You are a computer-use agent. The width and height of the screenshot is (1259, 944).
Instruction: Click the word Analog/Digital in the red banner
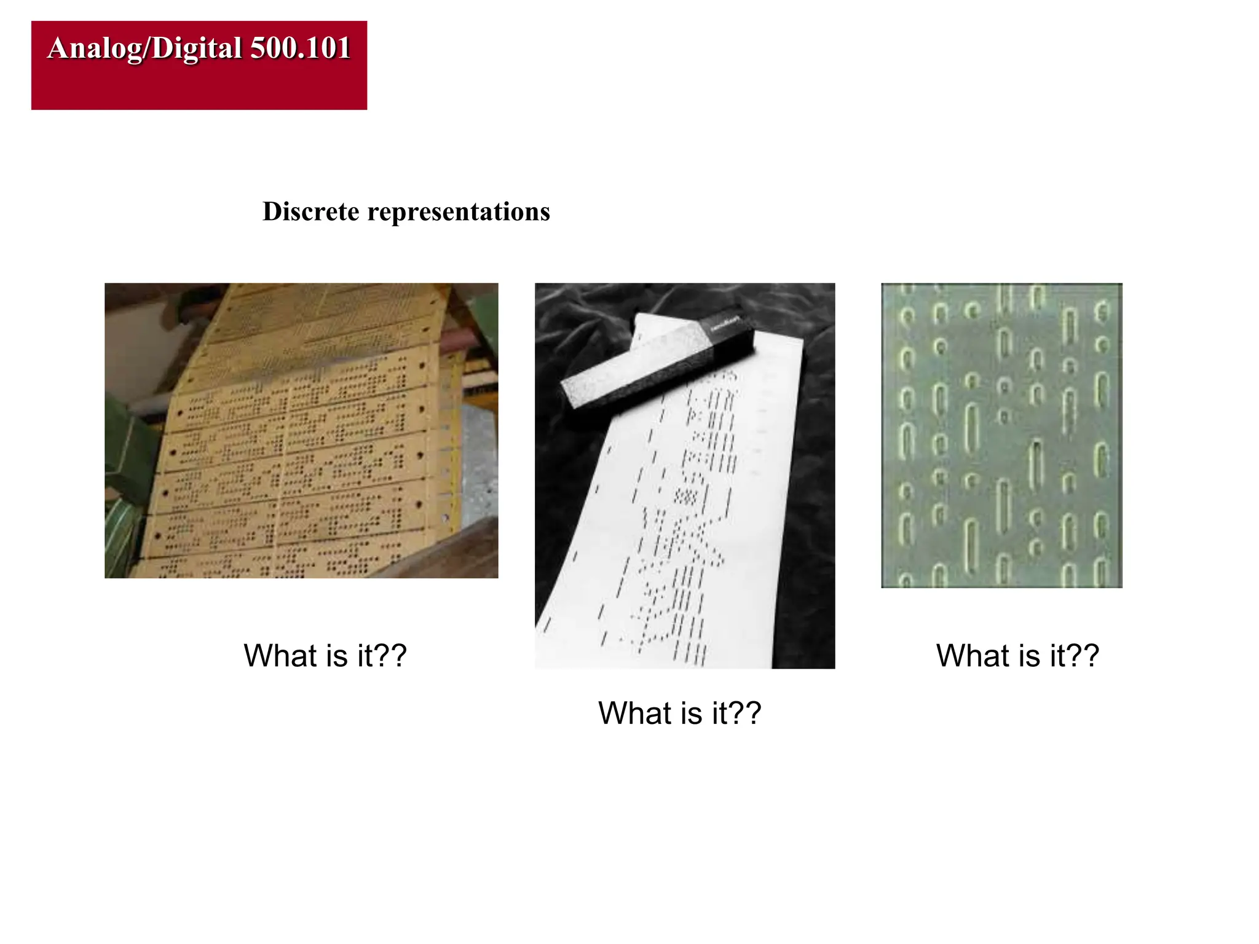pos(144,49)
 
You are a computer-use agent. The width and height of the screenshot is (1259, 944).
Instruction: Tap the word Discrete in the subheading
pos(310,211)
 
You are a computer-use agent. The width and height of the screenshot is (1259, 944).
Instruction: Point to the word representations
pos(459,211)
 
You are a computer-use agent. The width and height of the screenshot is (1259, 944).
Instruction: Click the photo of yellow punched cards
pos(301,430)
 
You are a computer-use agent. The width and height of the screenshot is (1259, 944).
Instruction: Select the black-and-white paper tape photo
pos(684,475)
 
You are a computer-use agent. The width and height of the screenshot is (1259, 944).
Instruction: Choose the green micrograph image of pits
pos(1001,435)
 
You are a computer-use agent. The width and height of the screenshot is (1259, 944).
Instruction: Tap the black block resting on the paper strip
pos(658,366)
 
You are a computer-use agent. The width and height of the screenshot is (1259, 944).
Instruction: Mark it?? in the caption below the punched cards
pos(382,656)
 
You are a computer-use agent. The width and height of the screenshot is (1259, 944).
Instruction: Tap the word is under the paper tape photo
pos(692,714)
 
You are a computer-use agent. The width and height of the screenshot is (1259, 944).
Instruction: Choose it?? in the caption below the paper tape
pos(736,714)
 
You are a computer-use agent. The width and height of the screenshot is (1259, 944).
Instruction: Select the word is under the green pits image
pos(1030,656)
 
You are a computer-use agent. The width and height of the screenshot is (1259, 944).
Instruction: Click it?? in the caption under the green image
pos(1075,656)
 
